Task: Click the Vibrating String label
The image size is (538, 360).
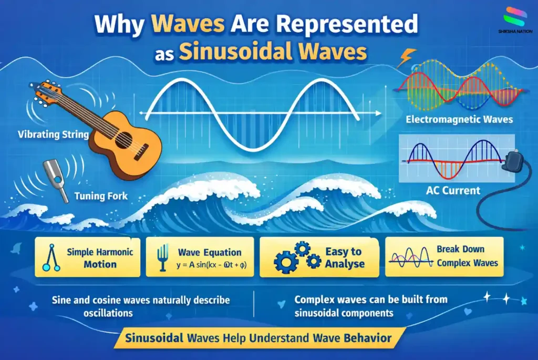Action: [x=53, y=135]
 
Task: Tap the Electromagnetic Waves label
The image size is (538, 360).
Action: [x=459, y=120]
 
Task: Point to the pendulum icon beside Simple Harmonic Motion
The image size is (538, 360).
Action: [x=50, y=258]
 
